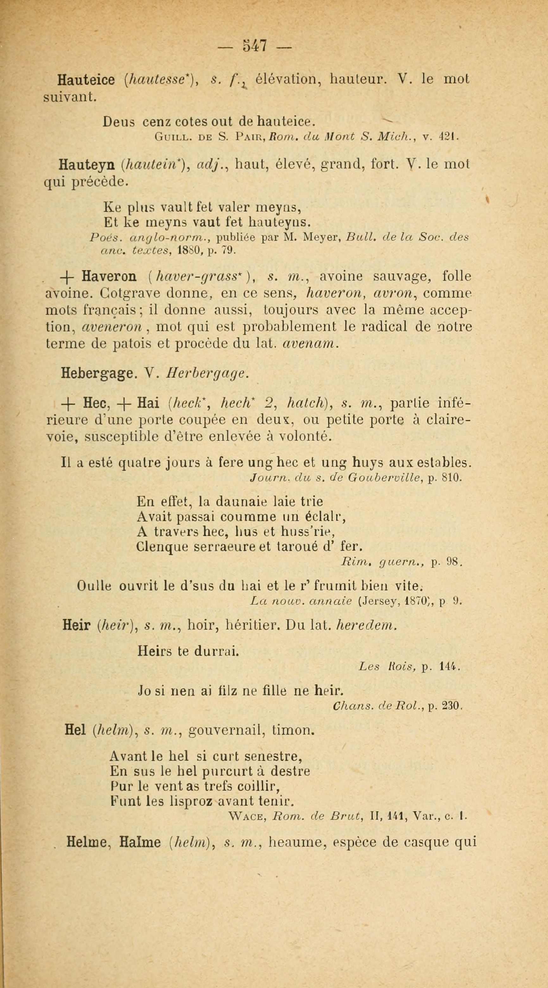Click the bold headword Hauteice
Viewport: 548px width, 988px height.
click(85, 80)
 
